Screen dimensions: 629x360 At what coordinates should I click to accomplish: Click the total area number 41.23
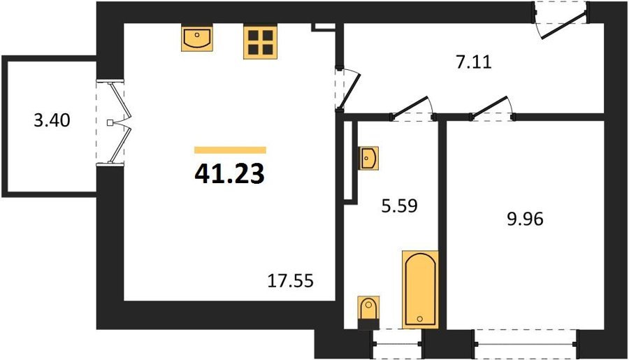coord(229,174)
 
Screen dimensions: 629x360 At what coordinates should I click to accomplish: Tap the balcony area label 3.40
coord(52,120)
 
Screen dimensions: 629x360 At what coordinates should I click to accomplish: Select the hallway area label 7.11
coord(474,63)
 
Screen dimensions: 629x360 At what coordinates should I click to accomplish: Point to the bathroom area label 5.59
coord(400,206)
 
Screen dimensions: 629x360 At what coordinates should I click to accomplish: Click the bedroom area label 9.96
coord(525,219)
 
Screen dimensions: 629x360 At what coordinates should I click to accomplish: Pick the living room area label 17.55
coord(291,281)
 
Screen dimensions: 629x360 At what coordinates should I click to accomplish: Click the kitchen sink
coord(197,38)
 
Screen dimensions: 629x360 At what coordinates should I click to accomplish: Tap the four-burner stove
coord(260,42)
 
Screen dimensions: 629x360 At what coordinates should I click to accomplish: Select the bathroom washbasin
coord(368,158)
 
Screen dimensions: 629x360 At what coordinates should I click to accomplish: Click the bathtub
coord(420,290)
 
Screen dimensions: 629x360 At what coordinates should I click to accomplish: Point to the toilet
coord(368,312)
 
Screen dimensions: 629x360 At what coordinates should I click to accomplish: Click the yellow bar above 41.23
coord(230,150)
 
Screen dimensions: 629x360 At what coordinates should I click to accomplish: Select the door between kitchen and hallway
coord(350,89)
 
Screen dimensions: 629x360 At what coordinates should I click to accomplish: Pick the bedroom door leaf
coord(489,106)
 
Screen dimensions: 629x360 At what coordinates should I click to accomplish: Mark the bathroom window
coord(397,344)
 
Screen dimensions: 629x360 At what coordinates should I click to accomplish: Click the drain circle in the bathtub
coord(420,319)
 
